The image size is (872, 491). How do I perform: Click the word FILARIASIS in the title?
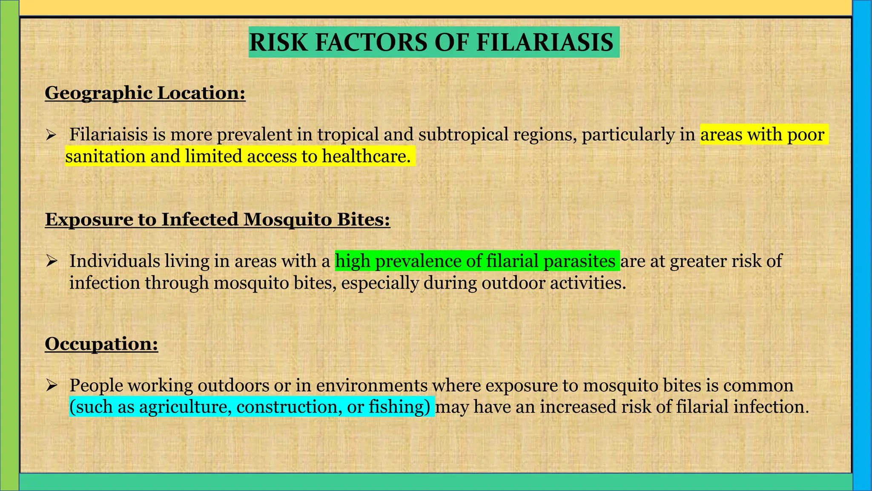pyautogui.click(x=545, y=43)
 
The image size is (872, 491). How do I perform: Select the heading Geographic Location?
pyautogui.click(x=145, y=93)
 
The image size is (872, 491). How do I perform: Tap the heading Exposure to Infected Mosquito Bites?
pyautogui.click(x=218, y=220)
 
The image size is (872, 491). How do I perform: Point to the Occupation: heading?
pyautogui.click(x=101, y=344)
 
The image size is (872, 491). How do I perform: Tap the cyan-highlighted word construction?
pyautogui.click(x=289, y=407)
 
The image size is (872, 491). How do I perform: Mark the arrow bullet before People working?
pyautogui.click(x=52, y=385)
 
